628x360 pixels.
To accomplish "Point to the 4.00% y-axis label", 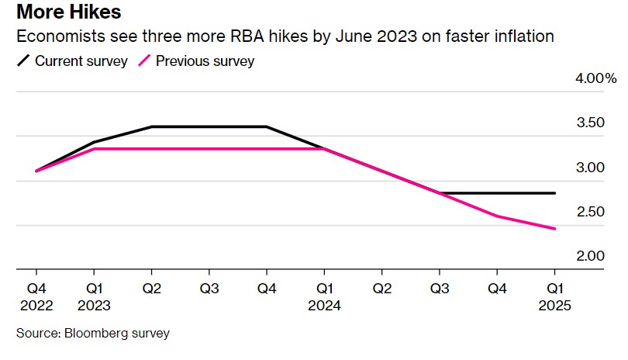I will (594, 78).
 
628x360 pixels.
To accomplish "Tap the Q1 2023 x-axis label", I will (93, 296).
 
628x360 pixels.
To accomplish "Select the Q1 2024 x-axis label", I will (323, 296).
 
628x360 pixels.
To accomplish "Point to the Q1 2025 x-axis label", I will (555, 296).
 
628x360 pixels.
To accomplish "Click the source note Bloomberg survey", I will (92, 334).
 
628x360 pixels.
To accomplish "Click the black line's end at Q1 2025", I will (555, 192).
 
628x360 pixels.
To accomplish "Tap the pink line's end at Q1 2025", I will (555, 228).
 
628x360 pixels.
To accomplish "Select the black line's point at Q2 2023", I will (151, 126).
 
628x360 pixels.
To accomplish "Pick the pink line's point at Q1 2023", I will (93, 148).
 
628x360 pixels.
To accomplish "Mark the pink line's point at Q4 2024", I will (497, 216).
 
